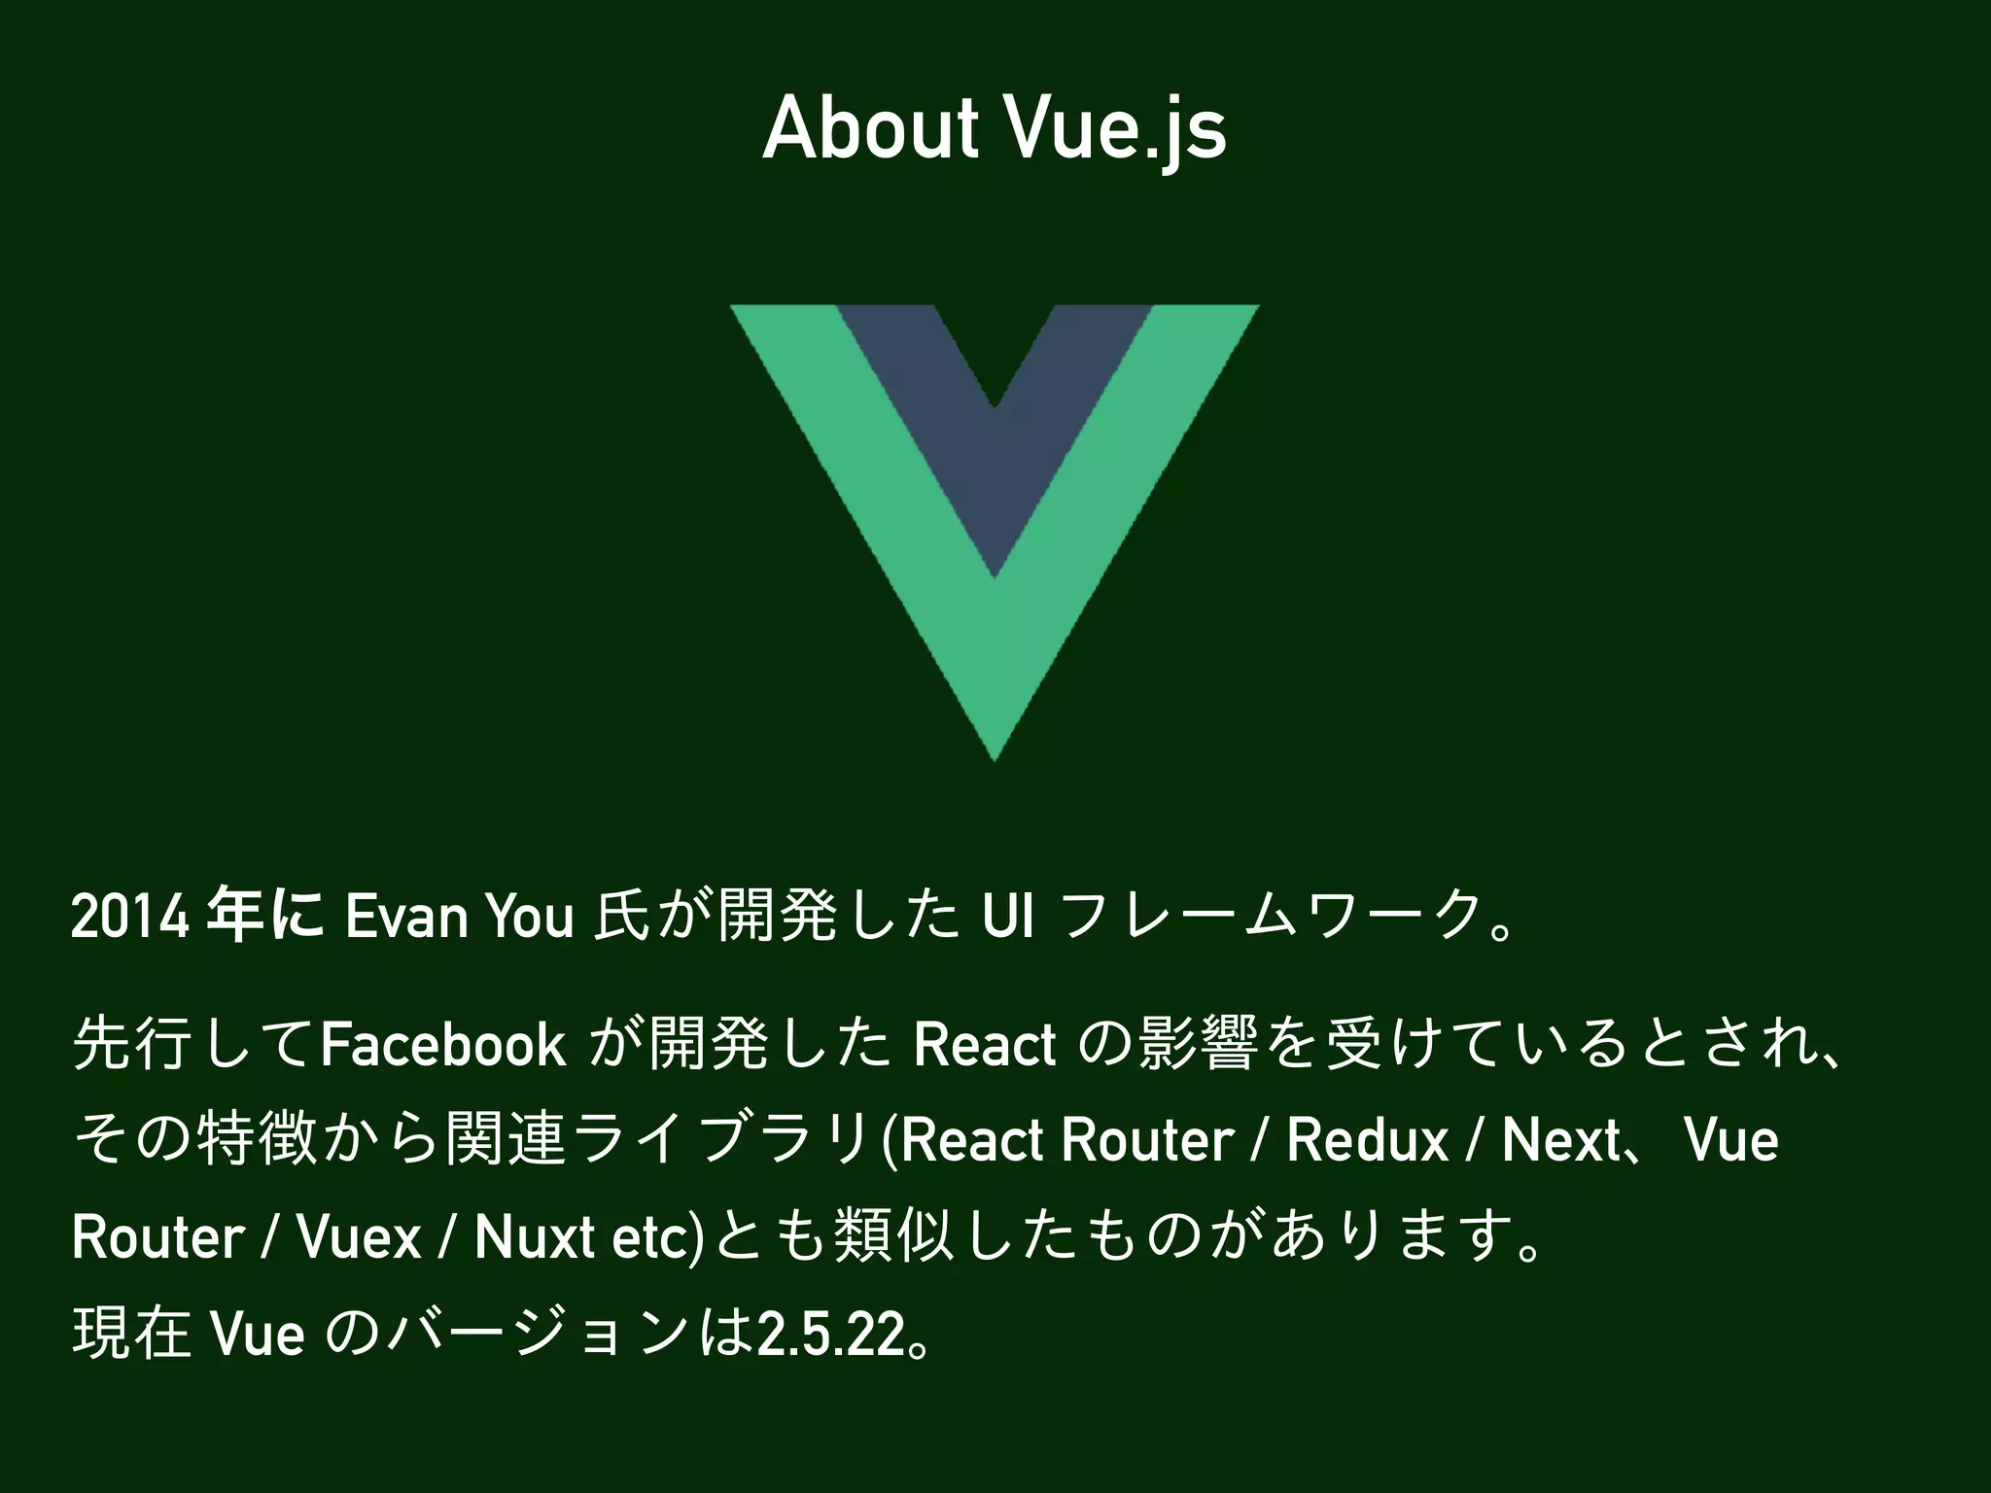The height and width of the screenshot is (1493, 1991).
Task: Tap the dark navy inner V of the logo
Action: pyautogui.click(x=995, y=457)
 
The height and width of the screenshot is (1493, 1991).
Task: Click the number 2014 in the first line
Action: pyautogui.click(x=129, y=919)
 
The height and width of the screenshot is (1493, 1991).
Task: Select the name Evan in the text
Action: pyautogui.click(x=406, y=919)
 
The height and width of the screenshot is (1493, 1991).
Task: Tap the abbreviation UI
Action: pyautogui.click(x=1008, y=919)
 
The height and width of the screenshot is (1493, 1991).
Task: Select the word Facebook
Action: pyautogui.click(x=443, y=1045)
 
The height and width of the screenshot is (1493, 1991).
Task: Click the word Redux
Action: pyautogui.click(x=1368, y=1140)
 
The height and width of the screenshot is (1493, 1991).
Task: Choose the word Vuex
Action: pyautogui.click(x=359, y=1238)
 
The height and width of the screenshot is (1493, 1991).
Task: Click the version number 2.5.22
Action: pyautogui.click(x=831, y=1335)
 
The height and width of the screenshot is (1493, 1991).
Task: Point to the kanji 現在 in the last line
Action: pyautogui.click(x=132, y=1335)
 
